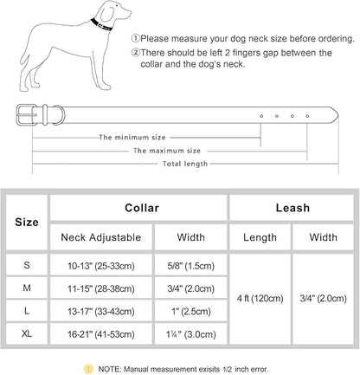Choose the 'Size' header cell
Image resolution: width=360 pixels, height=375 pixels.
tap(27, 222)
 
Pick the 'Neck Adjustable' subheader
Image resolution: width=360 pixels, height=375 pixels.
tap(100, 236)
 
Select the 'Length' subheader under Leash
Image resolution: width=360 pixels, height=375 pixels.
tap(259, 236)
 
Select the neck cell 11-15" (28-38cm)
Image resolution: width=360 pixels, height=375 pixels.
tap(100, 285)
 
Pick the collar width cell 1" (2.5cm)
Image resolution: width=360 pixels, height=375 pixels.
tap(190, 309)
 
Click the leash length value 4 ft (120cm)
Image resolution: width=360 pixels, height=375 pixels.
tap(259, 297)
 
